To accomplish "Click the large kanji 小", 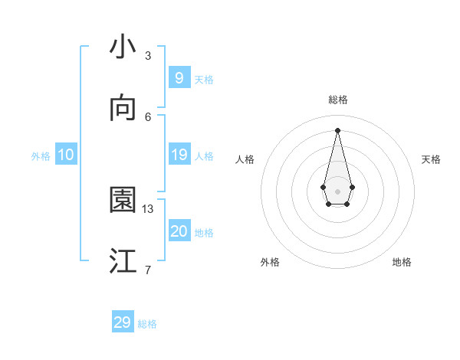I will pyautogui.click(x=123, y=47).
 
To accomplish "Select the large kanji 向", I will pyautogui.click(x=123, y=109).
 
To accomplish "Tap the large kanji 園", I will pyautogui.click(x=123, y=201).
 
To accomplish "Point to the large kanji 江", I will pyautogui.click(x=123, y=262).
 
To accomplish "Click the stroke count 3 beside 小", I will pyautogui.click(x=148, y=55).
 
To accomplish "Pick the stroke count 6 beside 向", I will pyautogui.click(x=148, y=116).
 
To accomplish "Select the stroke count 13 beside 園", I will pyautogui.click(x=148, y=208).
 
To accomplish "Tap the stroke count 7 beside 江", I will pyautogui.click(x=148, y=270).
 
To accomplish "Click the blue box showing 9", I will pyautogui.click(x=179, y=77).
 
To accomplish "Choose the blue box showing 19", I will pyautogui.click(x=179, y=155).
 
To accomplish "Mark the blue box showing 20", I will pyautogui.click(x=179, y=231).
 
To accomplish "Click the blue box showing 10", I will pyautogui.click(x=65, y=155).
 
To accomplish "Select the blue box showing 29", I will pyautogui.click(x=123, y=322).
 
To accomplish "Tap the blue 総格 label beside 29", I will pyautogui.click(x=147, y=324).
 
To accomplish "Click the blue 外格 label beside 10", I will pyautogui.click(x=41, y=156).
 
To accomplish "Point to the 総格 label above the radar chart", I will pyautogui.click(x=337, y=100).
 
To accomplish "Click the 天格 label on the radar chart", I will pyautogui.click(x=431, y=159).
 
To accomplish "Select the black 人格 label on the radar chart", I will pyautogui.click(x=245, y=159).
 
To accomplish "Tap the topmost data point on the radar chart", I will pyautogui.click(x=337, y=129).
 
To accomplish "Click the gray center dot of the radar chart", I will pyautogui.click(x=337, y=191).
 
